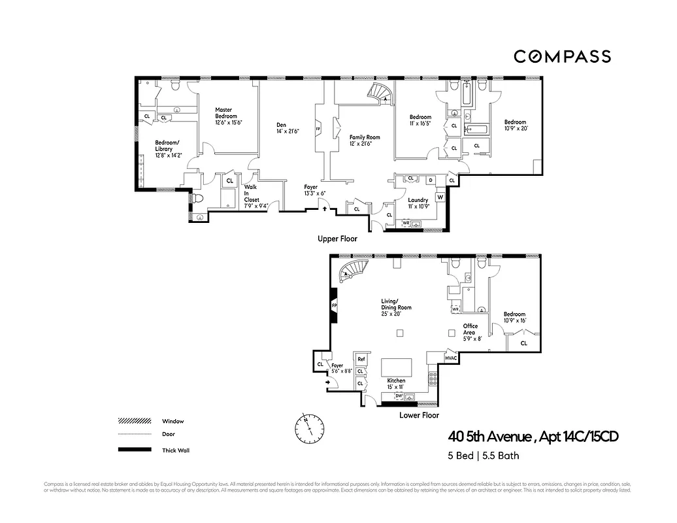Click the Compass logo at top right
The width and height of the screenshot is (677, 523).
562,57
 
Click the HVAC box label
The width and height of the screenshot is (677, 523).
451,359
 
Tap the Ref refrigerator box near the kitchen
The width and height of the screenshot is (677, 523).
361,360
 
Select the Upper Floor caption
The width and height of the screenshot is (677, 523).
337,239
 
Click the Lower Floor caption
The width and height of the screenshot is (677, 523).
419,415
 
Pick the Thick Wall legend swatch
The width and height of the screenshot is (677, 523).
135,450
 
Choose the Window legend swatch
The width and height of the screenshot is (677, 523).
135,421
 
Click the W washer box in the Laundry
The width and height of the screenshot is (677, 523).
440,197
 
